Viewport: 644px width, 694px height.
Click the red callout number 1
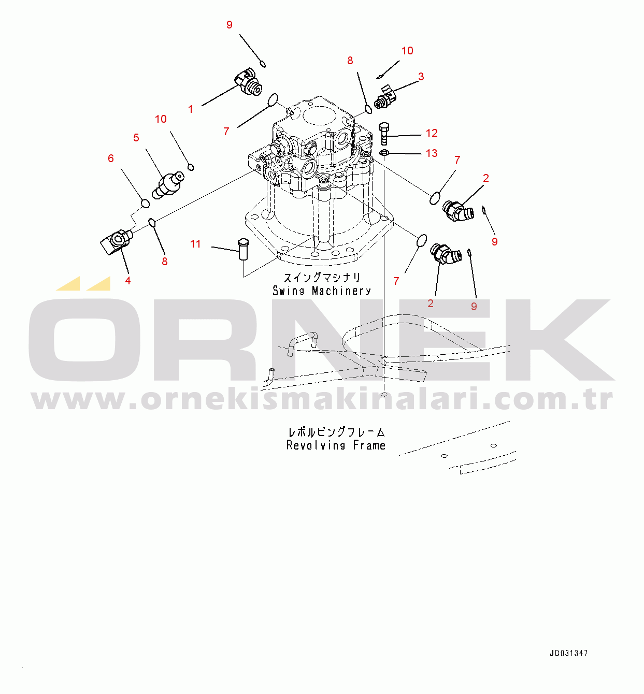tap(191, 109)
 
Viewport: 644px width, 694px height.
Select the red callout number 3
tap(421, 77)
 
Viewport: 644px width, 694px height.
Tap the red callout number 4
tap(128, 281)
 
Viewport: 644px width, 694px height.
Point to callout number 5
tap(136, 138)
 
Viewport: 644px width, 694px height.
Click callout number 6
tap(111, 158)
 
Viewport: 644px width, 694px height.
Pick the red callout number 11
tap(195, 244)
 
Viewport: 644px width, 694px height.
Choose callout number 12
tap(432, 133)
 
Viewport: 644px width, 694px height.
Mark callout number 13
tap(432, 153)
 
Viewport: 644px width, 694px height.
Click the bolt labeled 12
tap(383, 134)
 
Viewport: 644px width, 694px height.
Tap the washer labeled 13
tap(384, 153)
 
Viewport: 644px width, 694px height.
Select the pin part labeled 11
tap(242, 249)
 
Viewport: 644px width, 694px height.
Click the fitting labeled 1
tap(248, 82)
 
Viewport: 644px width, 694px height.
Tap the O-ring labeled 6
tap(145, 204)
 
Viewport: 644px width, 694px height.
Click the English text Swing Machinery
tap(322, 291)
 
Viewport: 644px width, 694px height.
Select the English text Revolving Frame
tap(336, 445)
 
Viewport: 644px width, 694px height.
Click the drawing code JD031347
tap(569, 654)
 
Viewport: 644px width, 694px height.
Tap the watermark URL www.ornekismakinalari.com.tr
tap(322, 399)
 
